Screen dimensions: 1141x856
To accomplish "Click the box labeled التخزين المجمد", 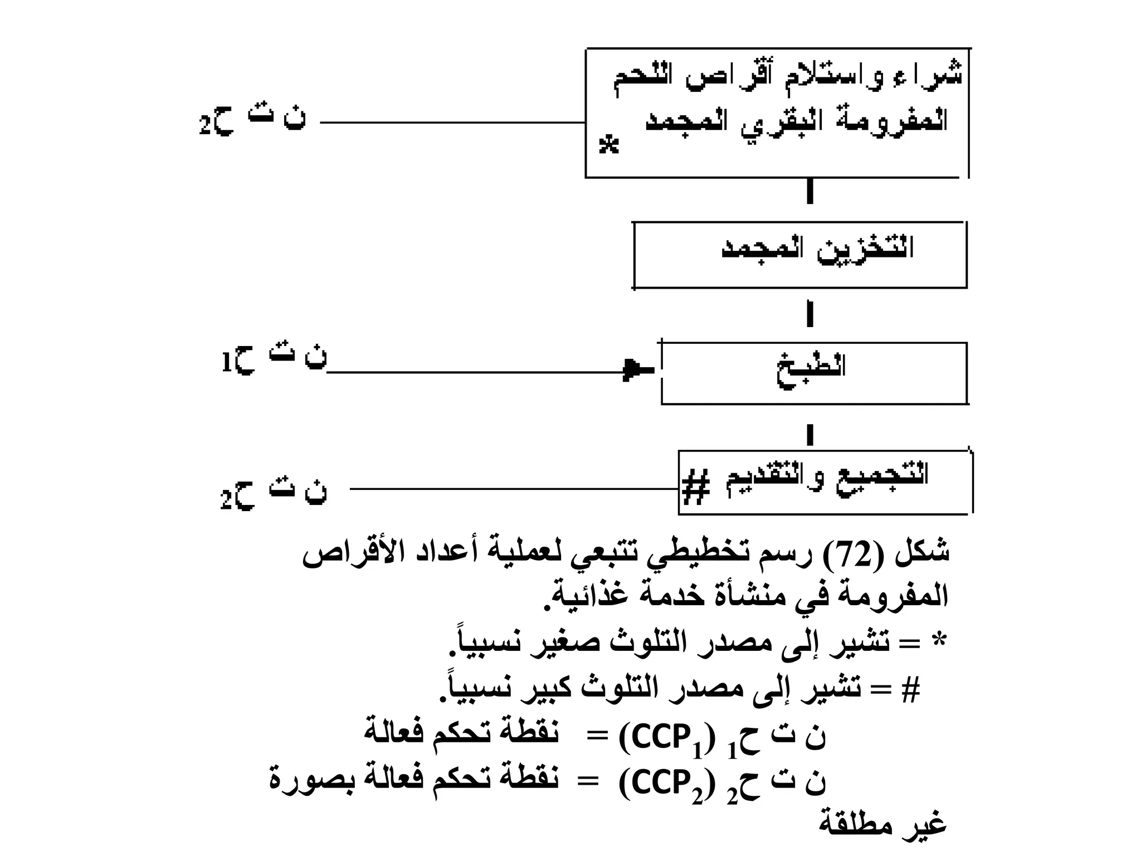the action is (x=800, y=255).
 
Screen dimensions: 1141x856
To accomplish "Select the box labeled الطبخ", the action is (x=813, y=373).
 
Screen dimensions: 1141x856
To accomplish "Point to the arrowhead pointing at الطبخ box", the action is (x=630, y=369).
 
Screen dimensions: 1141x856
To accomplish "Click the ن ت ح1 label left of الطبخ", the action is (x=274, y=361).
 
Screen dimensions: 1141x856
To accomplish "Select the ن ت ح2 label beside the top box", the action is (x=252, y=121).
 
